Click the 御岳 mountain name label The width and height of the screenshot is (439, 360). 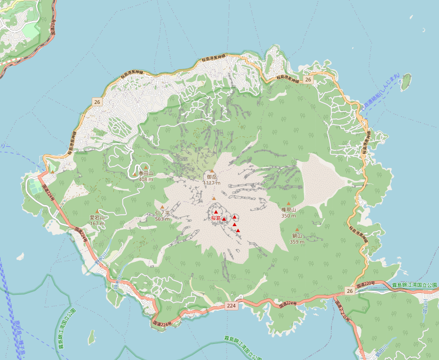[212, 177]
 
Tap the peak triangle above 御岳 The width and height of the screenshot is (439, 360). [212, 171]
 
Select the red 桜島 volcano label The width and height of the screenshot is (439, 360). [215, 219]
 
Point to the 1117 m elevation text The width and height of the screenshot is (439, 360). [212, 183]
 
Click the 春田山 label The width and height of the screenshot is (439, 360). [146, 173]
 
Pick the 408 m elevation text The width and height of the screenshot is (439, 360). [146, 179]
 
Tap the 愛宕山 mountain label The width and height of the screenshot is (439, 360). [97, 218]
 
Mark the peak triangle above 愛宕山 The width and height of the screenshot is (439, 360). [97, 211]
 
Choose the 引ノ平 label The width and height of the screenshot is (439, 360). [162, 213]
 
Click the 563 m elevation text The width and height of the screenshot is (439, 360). [162, 219]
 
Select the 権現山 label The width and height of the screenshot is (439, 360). [289, 210]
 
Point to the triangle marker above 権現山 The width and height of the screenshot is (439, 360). [289, 204]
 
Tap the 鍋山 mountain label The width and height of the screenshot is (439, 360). [298, 236]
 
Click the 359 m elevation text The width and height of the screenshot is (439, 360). [298, 242]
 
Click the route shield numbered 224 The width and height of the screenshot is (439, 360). [231, 305]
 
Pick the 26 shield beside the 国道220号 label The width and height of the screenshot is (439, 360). [350, 291]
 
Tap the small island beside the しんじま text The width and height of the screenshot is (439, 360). [405, 81]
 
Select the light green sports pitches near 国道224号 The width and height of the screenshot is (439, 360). [35, 188]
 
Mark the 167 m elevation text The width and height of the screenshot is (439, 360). [97, 223]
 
